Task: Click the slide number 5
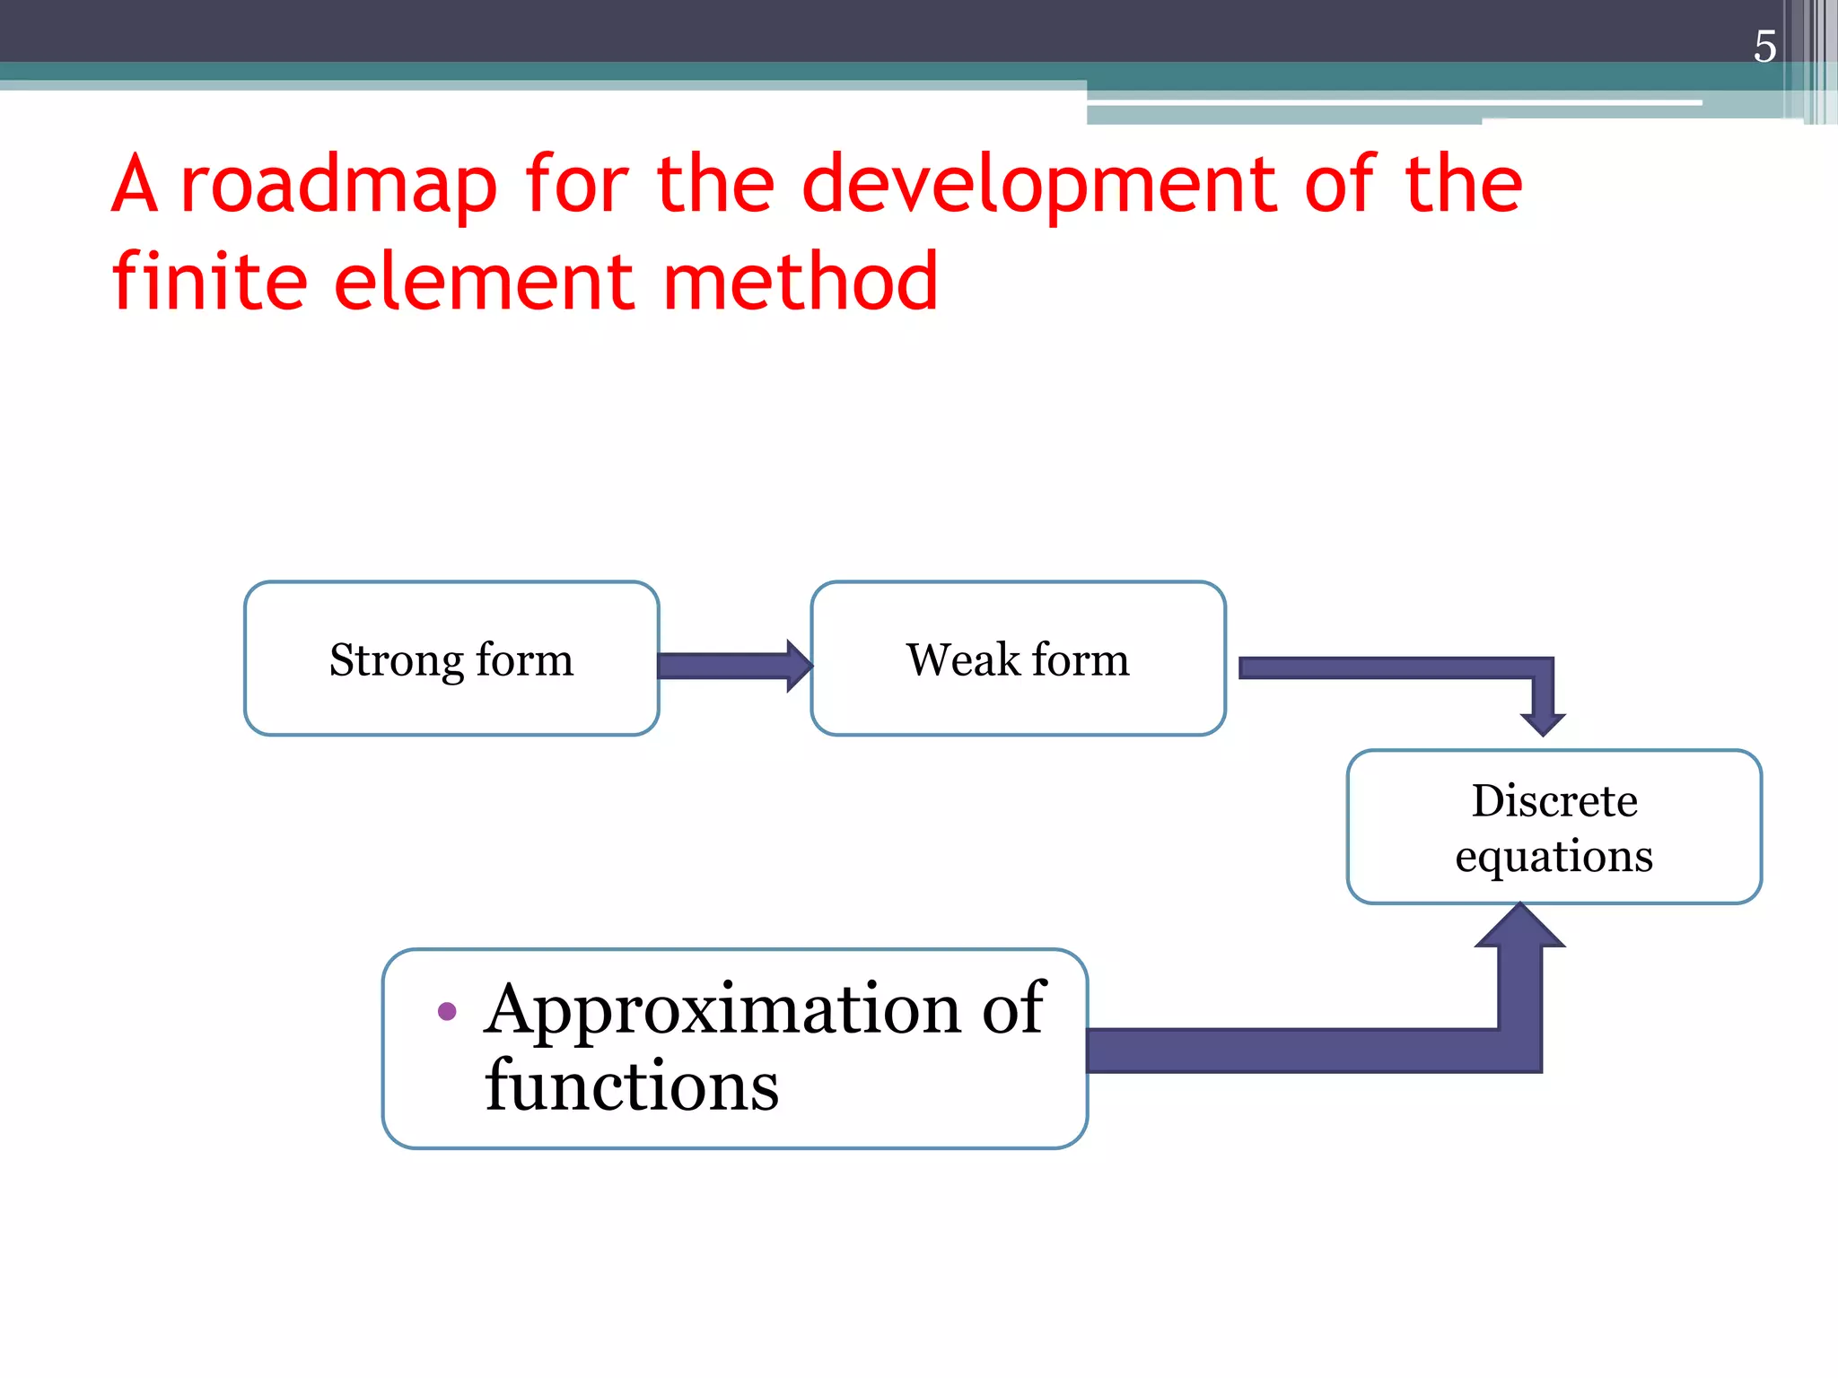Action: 1764,47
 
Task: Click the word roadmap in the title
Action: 338,185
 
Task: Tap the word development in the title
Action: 1039,185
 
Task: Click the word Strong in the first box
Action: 396,662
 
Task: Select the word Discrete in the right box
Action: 1554,800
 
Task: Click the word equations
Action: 1554,857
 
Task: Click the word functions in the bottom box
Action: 632,1086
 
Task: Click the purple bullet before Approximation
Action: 447,1012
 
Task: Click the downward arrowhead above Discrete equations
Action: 1543,722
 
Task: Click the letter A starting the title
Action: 135,185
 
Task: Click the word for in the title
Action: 577,185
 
